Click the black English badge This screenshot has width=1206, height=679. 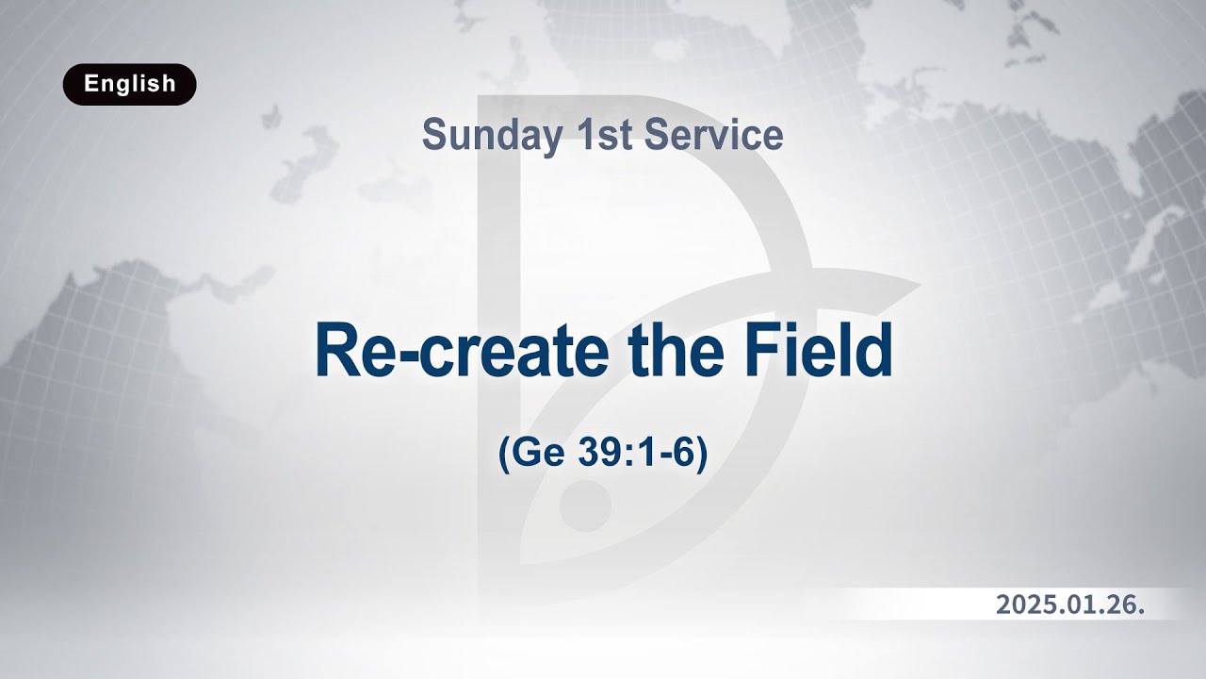tap(130, 84)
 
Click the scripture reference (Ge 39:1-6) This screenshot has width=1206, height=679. tap(602, 455)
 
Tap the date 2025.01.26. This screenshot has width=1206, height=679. tap(1070, 605)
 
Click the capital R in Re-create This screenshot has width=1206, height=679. tap(335, 351)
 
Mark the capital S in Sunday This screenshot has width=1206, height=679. tap(434, 136)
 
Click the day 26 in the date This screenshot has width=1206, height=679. tap(1124, 605)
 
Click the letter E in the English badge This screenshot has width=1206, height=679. tap(90, 84)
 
